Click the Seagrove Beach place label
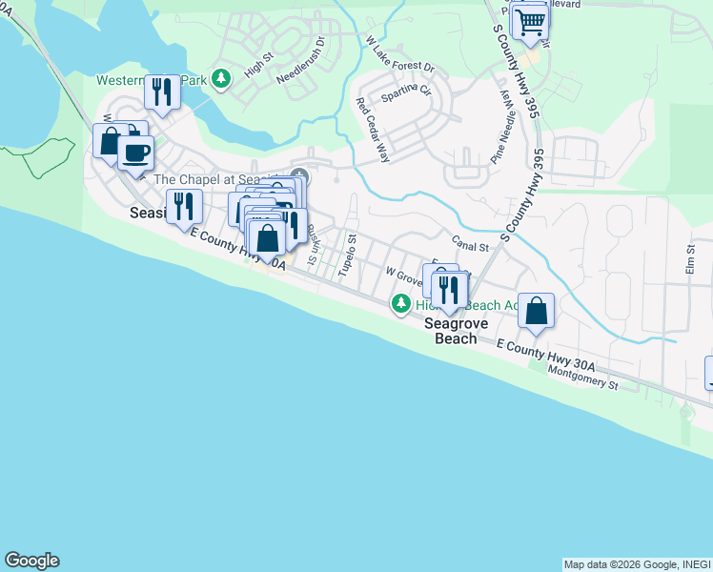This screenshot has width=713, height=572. point(456,331)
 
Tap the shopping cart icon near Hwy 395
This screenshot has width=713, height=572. point(529,20)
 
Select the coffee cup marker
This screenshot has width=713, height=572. point(136,152)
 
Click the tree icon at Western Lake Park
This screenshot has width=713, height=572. point(221,77)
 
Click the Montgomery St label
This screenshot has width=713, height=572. point(584,385)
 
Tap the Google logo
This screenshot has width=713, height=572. point(31,561)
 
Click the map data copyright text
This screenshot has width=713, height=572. point(637,564)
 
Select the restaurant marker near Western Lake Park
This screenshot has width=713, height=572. point(161,92)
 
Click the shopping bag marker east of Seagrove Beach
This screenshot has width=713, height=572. point(537,310)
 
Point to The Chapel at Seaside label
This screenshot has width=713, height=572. point(219,179)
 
